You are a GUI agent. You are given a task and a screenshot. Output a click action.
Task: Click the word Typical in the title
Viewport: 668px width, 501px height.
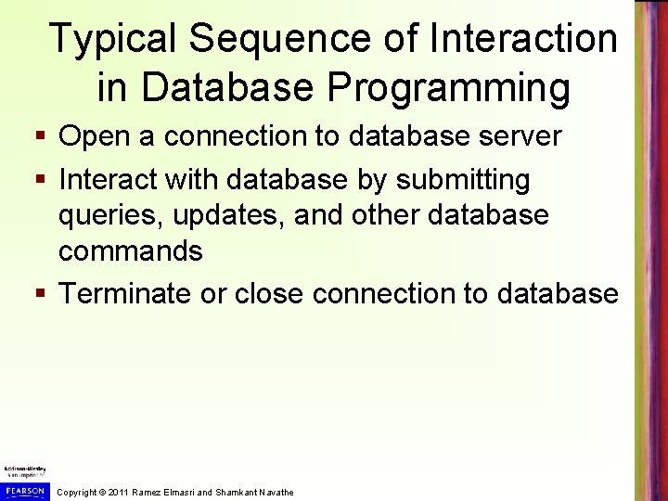coord(114,39)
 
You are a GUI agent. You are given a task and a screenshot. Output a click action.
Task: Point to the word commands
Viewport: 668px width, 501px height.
coord(131,251)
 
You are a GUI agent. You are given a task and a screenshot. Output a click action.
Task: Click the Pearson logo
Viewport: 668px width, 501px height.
coord(25,489)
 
